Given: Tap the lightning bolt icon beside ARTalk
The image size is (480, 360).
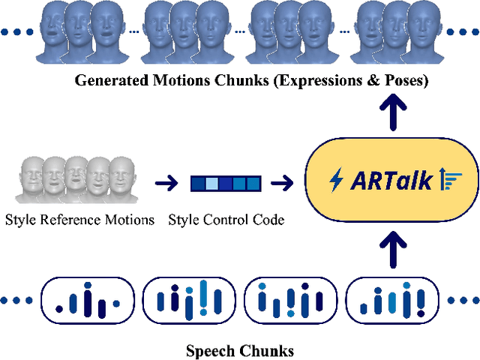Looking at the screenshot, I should point(337,180).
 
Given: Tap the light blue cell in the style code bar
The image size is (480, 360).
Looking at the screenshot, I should point(212,182).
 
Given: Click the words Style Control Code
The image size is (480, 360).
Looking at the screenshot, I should point(226,220).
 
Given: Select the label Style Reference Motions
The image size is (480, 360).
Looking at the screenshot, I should point(79,220).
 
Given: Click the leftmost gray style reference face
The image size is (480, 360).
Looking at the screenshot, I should point(32,178).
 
